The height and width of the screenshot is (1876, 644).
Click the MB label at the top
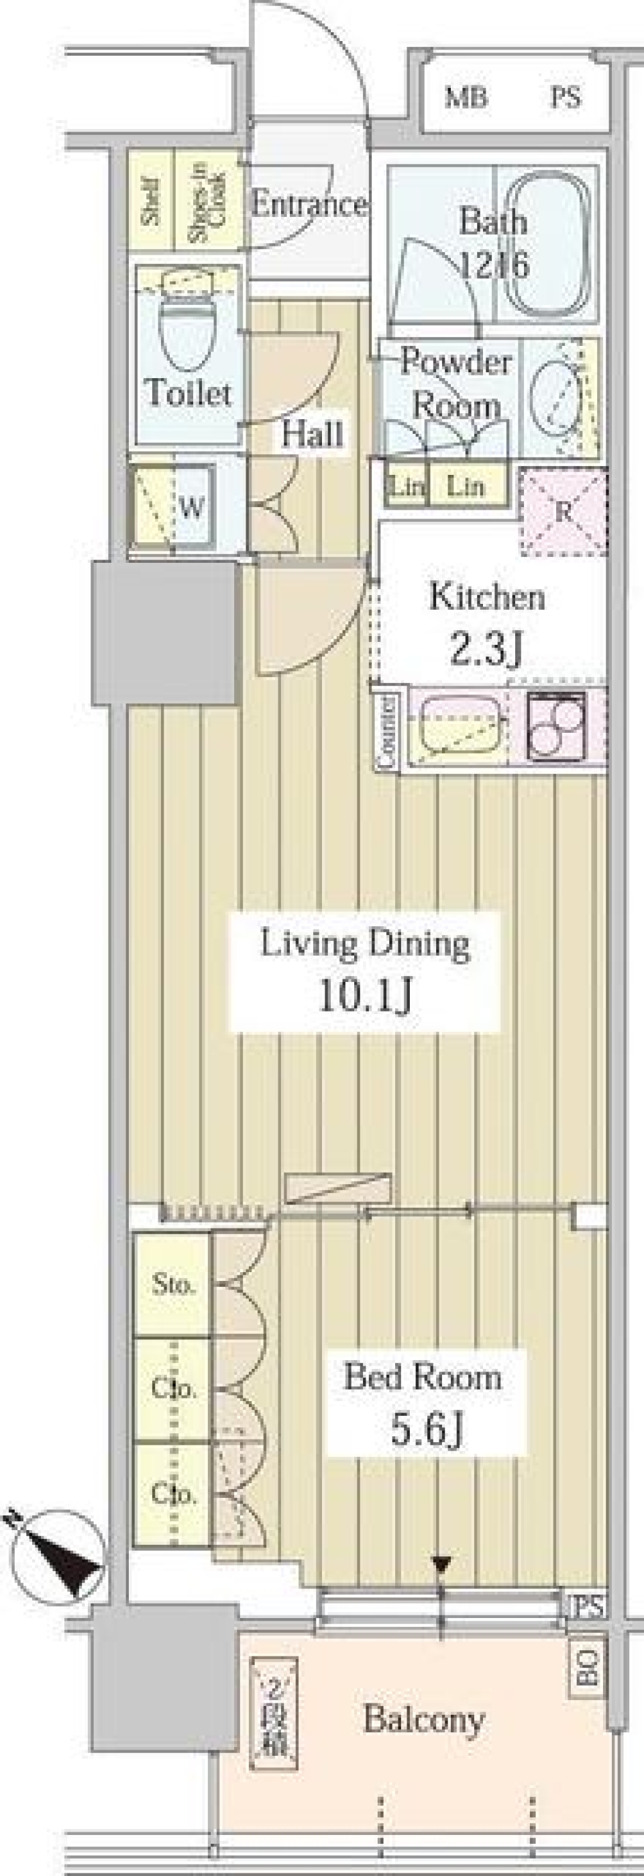click(x=466, y=97)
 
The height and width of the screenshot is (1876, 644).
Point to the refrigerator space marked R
click(x=563, y=511)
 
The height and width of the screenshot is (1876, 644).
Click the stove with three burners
click(x=557, y=725)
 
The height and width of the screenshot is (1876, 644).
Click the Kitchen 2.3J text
click(x=486, y=623)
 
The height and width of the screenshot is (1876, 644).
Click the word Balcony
click(x=423, y=1719)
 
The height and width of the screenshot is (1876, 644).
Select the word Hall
click(x=312, y=435)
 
